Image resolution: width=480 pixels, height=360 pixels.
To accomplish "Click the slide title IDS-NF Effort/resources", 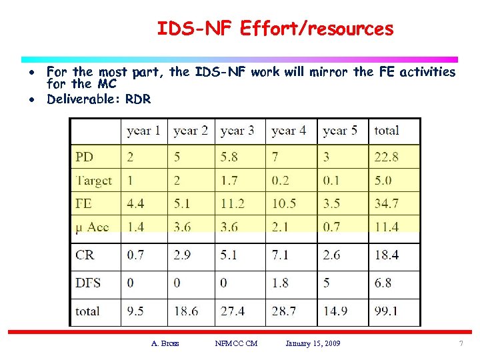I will [275, 29].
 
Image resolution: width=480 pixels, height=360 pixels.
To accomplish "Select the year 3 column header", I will [237, 131].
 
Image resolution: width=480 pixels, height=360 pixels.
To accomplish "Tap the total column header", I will [387, 131].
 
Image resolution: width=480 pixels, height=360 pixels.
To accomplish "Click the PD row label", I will [85, 157].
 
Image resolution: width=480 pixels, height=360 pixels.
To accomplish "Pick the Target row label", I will [94, 181].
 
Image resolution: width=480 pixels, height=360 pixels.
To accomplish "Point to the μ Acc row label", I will [92, 227].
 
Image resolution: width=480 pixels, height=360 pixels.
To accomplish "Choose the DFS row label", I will [88, 283].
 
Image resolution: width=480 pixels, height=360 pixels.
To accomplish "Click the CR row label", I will [85, 255].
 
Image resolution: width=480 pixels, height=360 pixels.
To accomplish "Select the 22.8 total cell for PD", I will [386, 157].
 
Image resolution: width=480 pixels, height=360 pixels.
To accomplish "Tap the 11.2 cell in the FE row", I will [233, 204].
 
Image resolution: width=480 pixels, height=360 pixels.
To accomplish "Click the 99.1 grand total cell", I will [386, 311].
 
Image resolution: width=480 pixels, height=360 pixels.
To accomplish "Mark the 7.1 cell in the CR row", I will [281, 255].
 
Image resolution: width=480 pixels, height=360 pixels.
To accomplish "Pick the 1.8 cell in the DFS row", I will [281, 283].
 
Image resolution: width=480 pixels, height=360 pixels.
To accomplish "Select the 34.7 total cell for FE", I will [386, 204].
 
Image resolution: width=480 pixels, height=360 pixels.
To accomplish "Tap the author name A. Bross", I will [165, 343].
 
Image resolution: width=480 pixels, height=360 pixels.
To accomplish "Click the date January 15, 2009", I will [313, 343].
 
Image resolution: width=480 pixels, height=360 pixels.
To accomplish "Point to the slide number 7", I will [460, 343].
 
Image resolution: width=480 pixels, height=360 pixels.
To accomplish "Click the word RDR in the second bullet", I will [138, 99].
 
